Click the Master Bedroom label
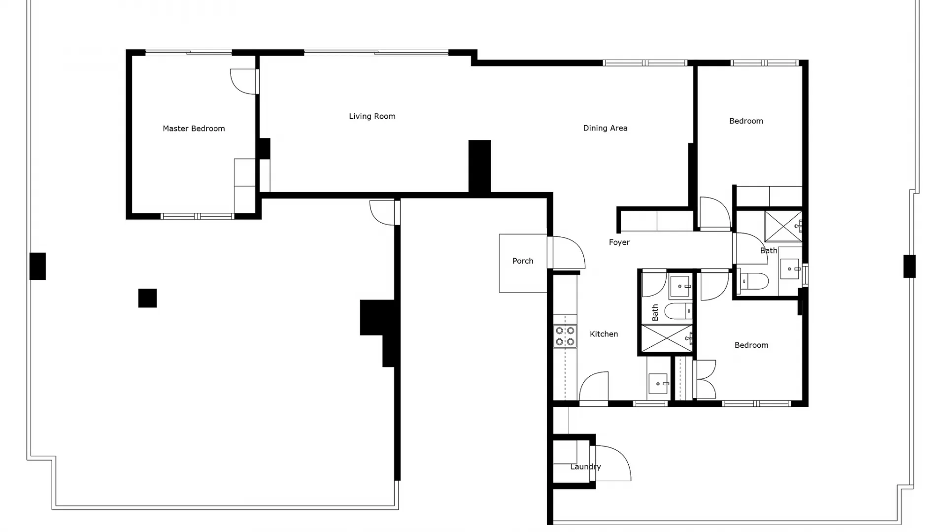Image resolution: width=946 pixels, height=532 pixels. coord(194,129)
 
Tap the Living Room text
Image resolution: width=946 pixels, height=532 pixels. coord(372,116)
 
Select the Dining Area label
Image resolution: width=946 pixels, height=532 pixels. coord(605,128)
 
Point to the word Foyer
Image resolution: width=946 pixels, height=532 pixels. coord(619,242)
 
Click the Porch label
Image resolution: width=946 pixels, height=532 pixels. coord(523,261)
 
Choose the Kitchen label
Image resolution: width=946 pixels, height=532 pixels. coord(604,334)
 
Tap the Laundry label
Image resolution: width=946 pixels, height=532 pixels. coord(585,466)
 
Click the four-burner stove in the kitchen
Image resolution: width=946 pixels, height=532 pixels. coord(565,336)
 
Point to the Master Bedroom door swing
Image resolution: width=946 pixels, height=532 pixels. coord(244,81)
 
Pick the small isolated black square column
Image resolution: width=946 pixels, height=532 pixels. coord(147,298)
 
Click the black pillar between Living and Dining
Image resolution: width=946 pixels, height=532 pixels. coord(479,166)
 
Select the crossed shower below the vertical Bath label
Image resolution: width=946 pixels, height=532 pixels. coord(666,338)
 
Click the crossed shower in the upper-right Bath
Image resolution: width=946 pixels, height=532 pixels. coord(783,226)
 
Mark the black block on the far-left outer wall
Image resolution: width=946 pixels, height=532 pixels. coord(37,266)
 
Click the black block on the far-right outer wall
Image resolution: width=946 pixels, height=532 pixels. coord(909,266)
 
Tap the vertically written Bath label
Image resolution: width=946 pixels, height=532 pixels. coord(655,312)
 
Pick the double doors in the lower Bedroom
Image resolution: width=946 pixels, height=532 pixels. coord(706,379)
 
